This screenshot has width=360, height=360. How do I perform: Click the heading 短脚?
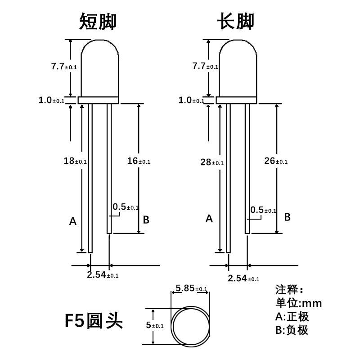[98, 21]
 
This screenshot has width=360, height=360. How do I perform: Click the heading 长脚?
[236, 21]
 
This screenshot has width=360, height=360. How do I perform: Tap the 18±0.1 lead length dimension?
[75, 161]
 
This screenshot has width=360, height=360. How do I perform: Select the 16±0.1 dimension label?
[139, 161]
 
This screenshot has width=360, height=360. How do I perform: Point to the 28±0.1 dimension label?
[211, 162]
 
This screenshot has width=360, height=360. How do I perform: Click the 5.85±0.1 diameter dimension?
[191, 288]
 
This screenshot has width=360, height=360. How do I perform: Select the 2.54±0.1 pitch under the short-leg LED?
[103, 274]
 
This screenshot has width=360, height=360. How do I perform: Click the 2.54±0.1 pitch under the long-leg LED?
[243, 278]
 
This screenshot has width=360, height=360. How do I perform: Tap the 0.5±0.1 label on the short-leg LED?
[126, 207]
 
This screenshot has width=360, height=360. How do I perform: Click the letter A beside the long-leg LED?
[209, 219]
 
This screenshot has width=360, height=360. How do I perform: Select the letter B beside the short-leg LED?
[146, 220]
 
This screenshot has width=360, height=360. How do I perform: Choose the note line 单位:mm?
[298, 302]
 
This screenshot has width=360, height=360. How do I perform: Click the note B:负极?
[292, 330]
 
